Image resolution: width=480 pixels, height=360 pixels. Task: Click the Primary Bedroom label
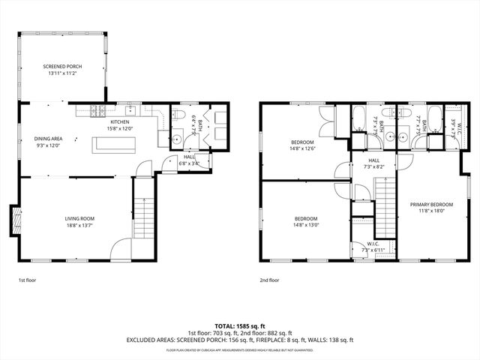(x=430, y=207)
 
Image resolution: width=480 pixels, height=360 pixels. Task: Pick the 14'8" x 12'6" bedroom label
(x=303, y=144)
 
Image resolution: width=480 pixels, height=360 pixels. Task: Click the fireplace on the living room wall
(x=14, y=219)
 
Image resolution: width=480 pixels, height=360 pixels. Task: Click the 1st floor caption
(x=28, y=280)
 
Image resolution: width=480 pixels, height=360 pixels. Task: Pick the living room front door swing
(x=121, y=250)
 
